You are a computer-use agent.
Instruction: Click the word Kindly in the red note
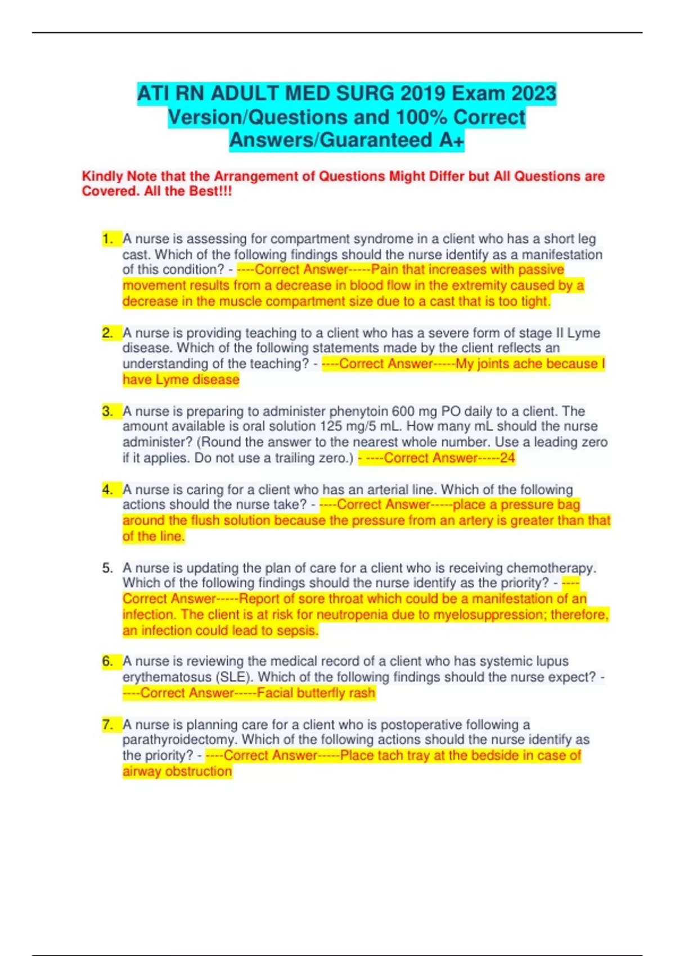coord(102,176)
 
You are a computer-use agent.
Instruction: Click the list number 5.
coord(107,568)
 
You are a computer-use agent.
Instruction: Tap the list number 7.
coord(107,724)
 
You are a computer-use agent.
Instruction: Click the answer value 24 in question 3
coord(507,458)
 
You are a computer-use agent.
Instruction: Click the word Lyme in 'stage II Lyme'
coord(583,333)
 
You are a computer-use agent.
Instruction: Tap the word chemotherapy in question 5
coord(551,568)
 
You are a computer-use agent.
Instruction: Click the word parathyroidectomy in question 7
coord(179,739)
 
